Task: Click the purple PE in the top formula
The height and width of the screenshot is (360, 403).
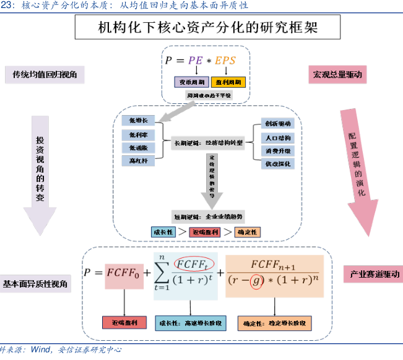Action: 195,61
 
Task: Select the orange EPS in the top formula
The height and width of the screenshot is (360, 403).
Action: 227,61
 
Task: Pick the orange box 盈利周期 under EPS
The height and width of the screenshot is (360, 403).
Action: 228,82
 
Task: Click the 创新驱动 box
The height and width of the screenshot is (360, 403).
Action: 277,124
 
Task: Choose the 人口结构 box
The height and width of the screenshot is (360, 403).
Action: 277,137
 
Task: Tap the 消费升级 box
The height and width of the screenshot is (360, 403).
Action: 277,150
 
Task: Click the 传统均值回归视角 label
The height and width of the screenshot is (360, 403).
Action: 44,75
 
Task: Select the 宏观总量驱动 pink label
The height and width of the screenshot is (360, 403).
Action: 337,75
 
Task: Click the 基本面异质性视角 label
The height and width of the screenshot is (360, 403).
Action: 35,284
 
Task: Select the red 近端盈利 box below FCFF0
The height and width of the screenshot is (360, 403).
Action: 124,323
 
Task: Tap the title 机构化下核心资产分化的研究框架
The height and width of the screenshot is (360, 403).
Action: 201,28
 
